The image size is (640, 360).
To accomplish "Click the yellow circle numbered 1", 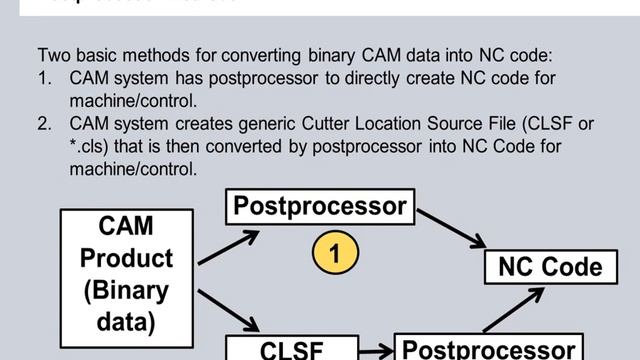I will [335, 253].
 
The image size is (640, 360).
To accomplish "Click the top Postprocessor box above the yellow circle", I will [320, 207].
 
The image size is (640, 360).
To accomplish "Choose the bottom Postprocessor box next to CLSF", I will [488, 348].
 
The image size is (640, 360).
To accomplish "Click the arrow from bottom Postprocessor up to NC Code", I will [512, 310].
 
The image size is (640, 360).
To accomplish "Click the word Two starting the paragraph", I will [53, 56].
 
